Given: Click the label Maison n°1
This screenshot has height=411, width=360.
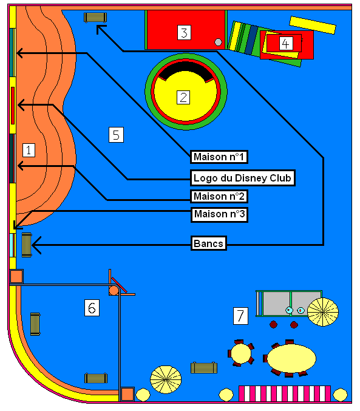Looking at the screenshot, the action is pos(219,157).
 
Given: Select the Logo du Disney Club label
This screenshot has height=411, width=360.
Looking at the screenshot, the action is pos(243,178).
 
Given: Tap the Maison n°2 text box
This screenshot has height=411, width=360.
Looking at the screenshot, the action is pos(219,196).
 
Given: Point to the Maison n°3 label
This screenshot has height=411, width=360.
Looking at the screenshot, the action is pos(219,215).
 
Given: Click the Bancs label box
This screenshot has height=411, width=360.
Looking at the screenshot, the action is pos(208,243).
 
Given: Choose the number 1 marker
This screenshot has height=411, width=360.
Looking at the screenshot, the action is pos(29,150).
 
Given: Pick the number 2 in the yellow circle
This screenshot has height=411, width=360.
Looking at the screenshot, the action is pos(183,97).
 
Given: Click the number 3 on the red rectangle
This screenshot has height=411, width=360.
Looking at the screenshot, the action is pos(184,33).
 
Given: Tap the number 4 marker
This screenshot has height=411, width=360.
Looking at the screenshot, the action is pos(286,43).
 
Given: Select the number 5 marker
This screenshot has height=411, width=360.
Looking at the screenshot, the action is pos(116,135).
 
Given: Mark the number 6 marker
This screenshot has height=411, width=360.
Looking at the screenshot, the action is pos(92,308).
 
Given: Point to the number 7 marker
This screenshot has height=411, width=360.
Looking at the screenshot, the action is pos(240,316).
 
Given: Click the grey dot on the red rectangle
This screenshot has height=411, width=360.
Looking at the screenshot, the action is pos(218,42).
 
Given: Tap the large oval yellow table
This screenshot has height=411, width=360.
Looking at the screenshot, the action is pos(291,358).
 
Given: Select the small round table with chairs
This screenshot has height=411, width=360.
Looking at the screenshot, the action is pos(241,353).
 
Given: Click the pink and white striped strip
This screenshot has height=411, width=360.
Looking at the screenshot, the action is pos(285,393).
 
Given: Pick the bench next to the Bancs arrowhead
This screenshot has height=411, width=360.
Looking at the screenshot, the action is pos(27,245).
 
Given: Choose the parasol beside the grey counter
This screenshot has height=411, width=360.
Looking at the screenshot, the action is pos(323,312).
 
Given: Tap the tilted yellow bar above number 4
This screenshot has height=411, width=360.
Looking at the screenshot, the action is pos(313,25).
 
